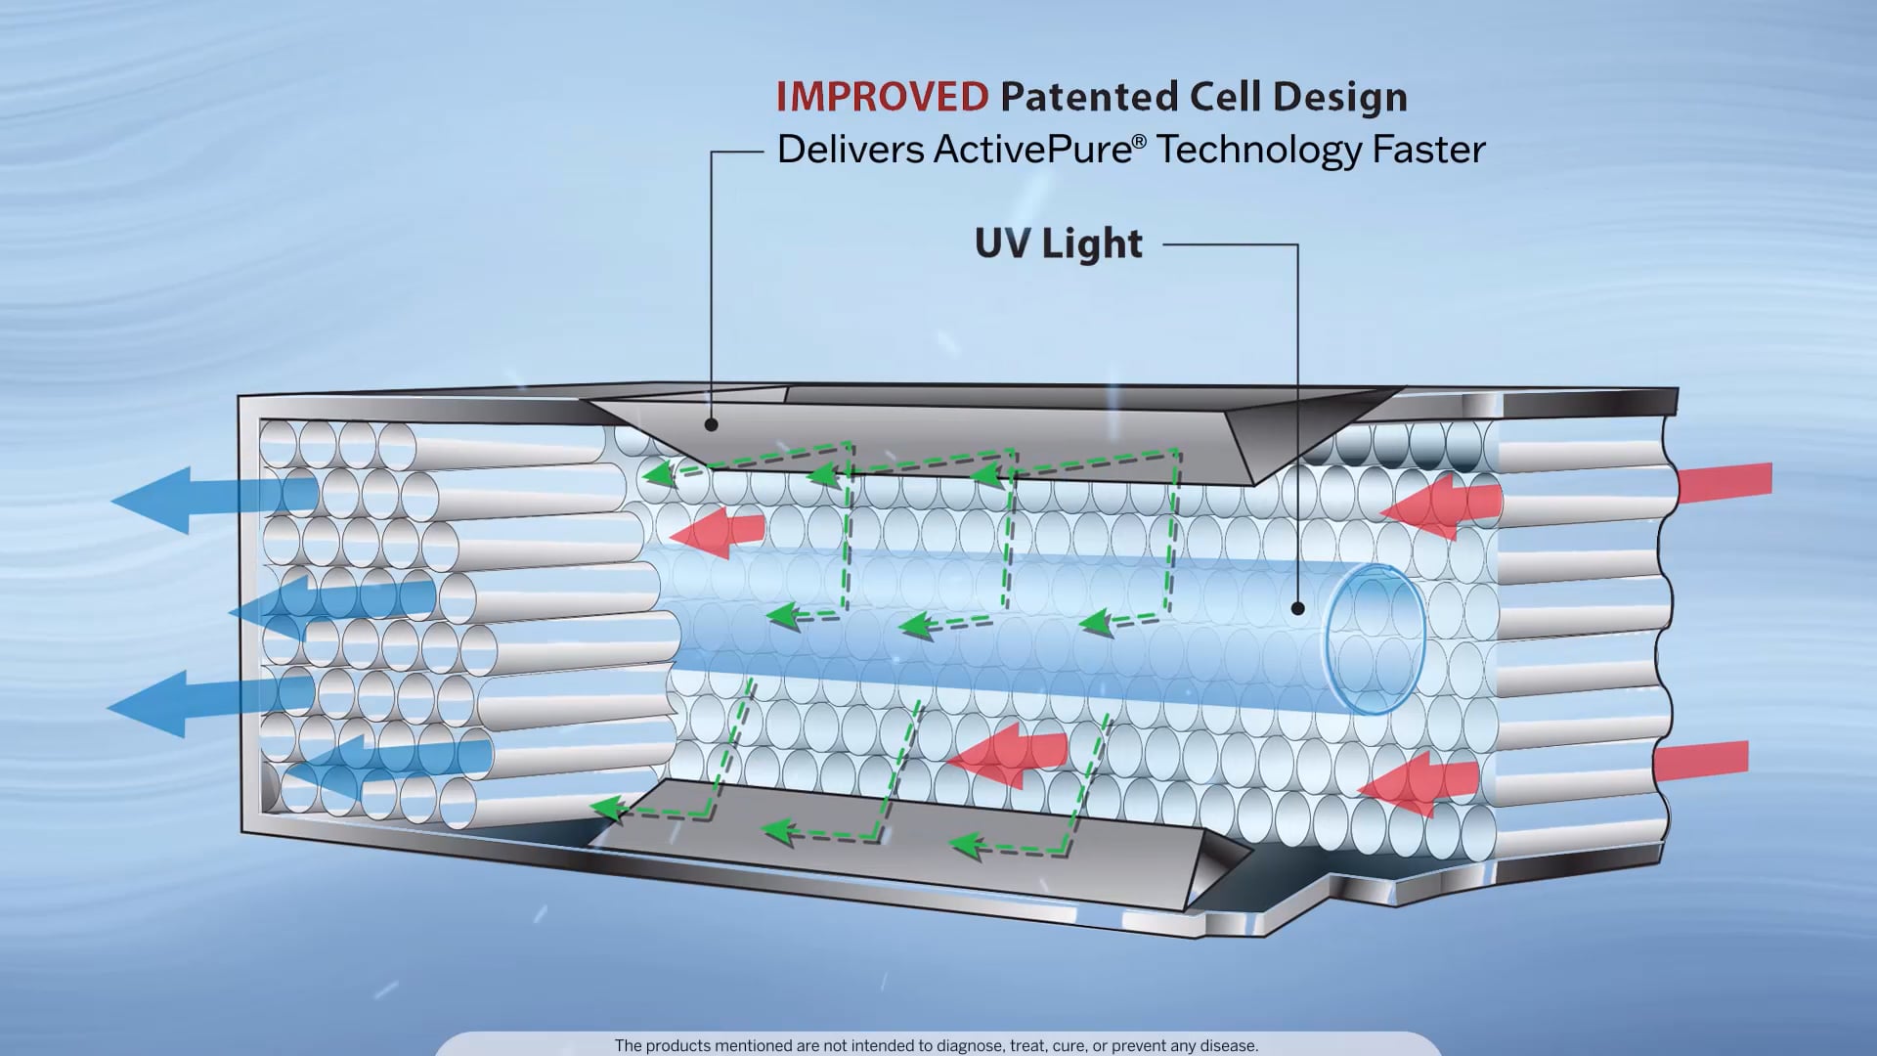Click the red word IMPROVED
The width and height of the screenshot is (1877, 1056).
point(882,97)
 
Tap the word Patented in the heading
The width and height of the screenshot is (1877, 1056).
point(1089,97)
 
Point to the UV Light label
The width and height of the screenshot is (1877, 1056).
point(1058,243)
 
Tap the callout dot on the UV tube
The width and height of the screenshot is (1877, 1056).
point(1297,608)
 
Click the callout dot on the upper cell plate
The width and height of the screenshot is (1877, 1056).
point(712,424)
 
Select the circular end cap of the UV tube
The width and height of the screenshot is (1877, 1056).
point(1373,638)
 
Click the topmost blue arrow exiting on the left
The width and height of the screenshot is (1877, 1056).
point(215,499)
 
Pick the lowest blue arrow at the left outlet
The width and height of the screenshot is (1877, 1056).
point(391,764)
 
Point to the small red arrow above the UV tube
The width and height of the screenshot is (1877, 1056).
point(718,532)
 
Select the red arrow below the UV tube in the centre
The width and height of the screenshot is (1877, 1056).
point(1007,753)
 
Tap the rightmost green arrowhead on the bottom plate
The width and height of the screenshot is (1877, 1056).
point(967,844)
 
